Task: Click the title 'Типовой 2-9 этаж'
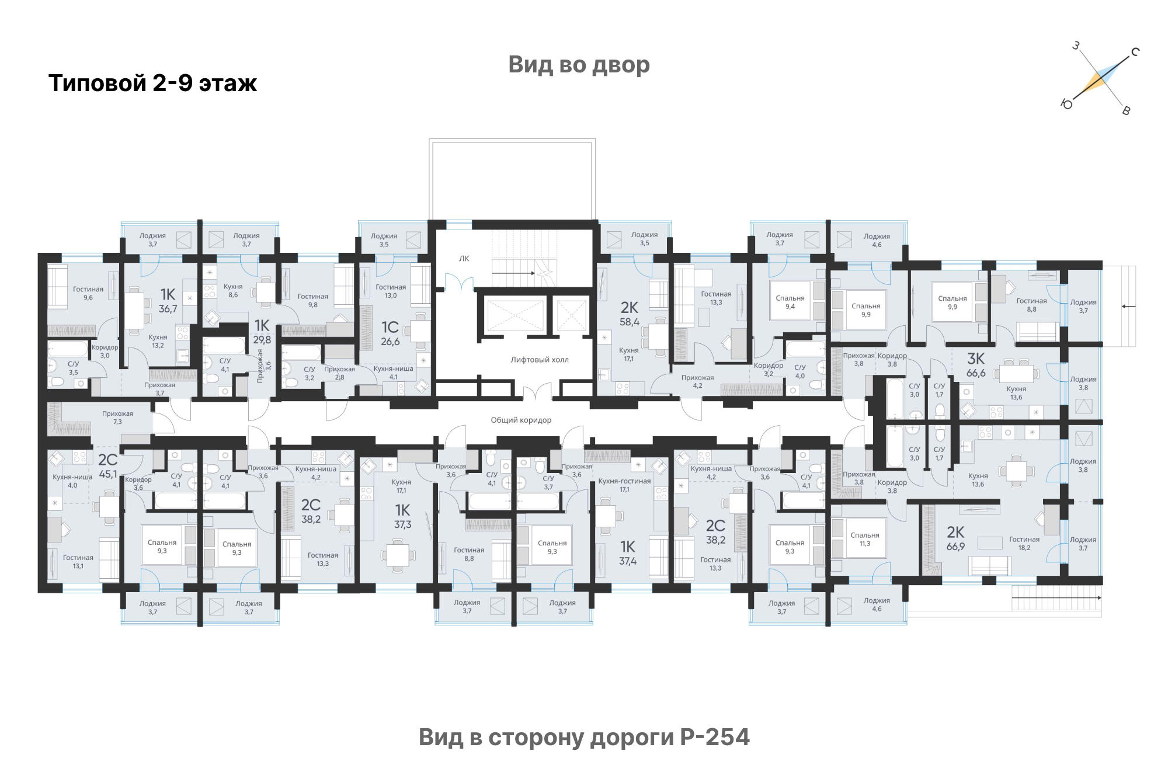click(152, 83)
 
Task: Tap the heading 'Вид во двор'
click(579, 64)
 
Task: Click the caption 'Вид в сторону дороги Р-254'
click(584, 737)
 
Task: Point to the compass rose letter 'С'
click(1135, 52)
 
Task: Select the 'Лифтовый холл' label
click(540, 360)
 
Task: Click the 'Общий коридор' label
click(521, 420)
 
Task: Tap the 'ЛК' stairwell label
click(464, 259)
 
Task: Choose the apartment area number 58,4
click(630, 322)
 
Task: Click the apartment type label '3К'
click(976, 358)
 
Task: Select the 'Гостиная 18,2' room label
click(1024, 544)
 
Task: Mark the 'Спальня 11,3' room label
click(865, 540)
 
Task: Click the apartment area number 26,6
click(390, 342)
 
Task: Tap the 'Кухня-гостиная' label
click(624, 481)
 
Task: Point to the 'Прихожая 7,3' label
click(117, 418)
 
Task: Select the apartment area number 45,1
click(108, 474)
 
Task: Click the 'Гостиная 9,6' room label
click(88, 293)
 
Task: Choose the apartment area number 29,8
click(262, 340)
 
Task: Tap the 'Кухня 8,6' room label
click(233, 291)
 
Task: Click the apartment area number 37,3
click(402, 524)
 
